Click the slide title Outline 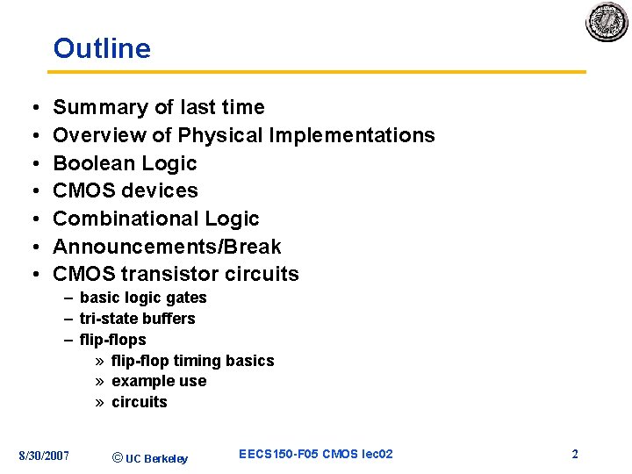pos(102,48)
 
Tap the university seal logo pos(607,22)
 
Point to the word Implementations pos(352,135)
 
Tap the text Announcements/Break pos(167,247)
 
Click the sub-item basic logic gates pos(143,298)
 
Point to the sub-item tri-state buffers pos(137,319)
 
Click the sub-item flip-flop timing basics pos(192,361)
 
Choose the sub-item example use pos(159,381)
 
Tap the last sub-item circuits pos(139,402)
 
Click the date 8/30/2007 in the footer pos(44,455)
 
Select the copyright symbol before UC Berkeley pos(118,457)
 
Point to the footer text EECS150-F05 pos(279,454)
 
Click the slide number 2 pos(575,454)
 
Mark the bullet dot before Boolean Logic pos(32,164)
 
